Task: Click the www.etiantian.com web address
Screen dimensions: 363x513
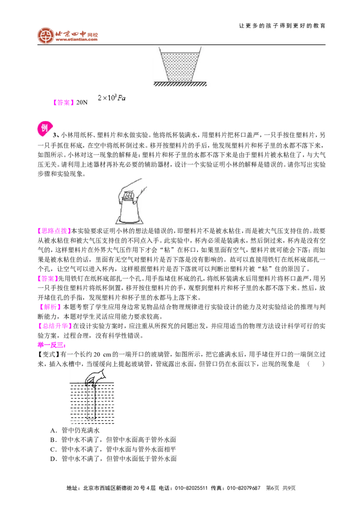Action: [76, 39]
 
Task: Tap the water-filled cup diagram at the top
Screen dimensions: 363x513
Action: [180, 64]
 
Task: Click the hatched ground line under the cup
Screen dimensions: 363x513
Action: [180, 84]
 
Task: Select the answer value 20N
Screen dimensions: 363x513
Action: [82, 102]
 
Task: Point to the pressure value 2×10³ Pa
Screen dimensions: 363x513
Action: [111, 97]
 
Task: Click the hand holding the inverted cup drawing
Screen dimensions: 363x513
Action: [131, 201]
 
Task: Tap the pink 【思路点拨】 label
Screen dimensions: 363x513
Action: [54, 231]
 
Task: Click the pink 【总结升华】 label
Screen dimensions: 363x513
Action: [54, 326]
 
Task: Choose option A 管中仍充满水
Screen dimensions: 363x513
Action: [75, 430]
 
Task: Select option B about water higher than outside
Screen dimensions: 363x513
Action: [113, 440]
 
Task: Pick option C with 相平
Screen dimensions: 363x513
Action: [113, 449]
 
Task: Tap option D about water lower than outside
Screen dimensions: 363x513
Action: [113, 459]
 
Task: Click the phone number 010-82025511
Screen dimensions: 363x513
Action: [191, 488]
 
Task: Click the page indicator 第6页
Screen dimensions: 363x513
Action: [273, 488]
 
